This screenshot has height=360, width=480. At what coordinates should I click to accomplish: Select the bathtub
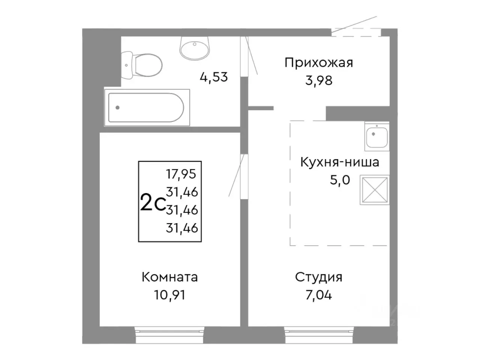click(146, 108)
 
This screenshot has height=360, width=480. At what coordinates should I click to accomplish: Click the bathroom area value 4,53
click(214, 77)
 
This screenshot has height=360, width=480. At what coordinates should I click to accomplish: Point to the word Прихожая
click(318, 62)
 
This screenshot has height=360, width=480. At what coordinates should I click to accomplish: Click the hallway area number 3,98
click(318, 80)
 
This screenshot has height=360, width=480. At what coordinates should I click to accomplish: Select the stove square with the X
click(374, 190)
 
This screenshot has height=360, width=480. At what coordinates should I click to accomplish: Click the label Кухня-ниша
click(339, 162)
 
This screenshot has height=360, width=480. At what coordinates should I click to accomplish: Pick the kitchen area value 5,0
click(339, 180)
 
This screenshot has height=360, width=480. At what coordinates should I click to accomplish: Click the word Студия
click(318, 277)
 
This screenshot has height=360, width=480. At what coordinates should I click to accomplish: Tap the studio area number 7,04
click(318, 295)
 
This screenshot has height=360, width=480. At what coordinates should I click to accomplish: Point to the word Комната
click(169, 277)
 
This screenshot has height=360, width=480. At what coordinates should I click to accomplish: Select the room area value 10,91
click(169, 295)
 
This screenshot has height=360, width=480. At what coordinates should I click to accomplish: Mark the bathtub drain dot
click(117, 108)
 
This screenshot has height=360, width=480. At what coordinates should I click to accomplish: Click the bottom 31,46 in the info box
click(182, 228)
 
